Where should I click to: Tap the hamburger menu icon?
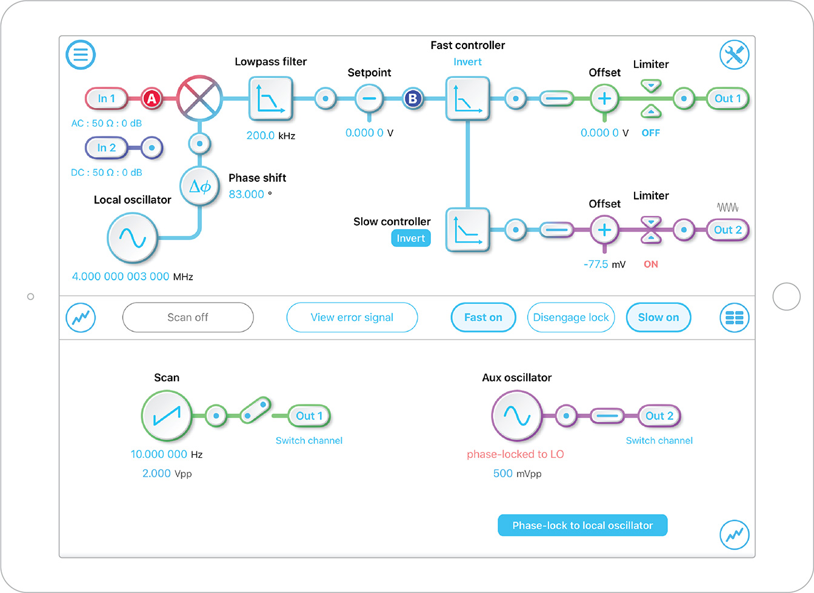point(81,55)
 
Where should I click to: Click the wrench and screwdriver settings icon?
point(734,55)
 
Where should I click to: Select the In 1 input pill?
point(107,98)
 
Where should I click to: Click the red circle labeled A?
point(152,98)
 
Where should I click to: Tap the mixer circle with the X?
point(199,98)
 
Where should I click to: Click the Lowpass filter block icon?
point(270,99)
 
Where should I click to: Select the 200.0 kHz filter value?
point(261,136)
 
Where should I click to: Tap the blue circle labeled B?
point(413,98)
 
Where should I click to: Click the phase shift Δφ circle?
point(199,187)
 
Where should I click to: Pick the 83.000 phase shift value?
point(246,195)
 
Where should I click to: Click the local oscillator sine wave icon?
point(132,238)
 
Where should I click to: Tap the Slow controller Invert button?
point(411,238)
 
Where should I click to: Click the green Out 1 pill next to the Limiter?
point(728,98)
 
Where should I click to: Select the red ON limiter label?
point(651,264)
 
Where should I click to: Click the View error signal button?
point(352,318)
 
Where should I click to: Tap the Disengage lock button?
point(571,318)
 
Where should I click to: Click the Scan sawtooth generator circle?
point(166,415)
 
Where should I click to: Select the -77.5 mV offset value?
point(596,264)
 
